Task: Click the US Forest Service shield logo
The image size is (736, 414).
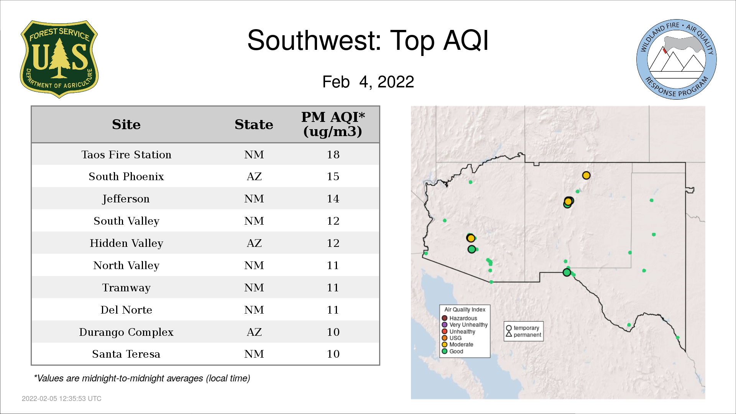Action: point(59,59)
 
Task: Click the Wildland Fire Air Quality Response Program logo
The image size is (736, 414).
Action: point(677,59)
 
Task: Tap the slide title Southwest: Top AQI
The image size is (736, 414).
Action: point(368,40)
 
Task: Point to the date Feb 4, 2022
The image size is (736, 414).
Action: point(368,82)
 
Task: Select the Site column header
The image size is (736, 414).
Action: point(126,125)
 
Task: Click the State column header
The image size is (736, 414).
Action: point(254,125)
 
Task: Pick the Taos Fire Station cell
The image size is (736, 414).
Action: point(126,154)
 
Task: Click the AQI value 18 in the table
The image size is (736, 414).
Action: point(333,154)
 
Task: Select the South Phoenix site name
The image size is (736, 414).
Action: point(126,177)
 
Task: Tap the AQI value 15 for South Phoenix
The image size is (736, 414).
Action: point(333,177)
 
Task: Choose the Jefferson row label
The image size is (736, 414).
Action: point(126,199)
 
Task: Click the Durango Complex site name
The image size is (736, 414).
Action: point(126,332)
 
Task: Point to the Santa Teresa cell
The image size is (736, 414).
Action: point(126,354)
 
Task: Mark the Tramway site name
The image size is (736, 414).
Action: point(126,288)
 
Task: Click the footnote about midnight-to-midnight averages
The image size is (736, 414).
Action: point(142,379)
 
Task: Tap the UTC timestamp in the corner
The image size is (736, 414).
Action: point(62,399)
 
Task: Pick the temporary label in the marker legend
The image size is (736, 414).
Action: point(526,328)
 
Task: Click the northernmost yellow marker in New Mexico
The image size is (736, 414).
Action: point(586,176)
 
